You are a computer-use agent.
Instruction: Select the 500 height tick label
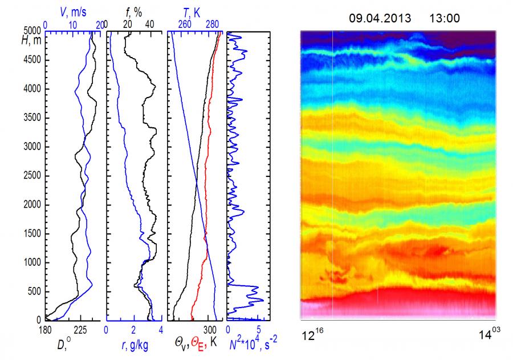(35, 292)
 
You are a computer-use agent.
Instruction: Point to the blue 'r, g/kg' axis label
(135, 345)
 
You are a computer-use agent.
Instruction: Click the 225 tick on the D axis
(80, 330)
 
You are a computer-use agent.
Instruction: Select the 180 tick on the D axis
(45, 330)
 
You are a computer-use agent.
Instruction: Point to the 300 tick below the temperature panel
(209, 330)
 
